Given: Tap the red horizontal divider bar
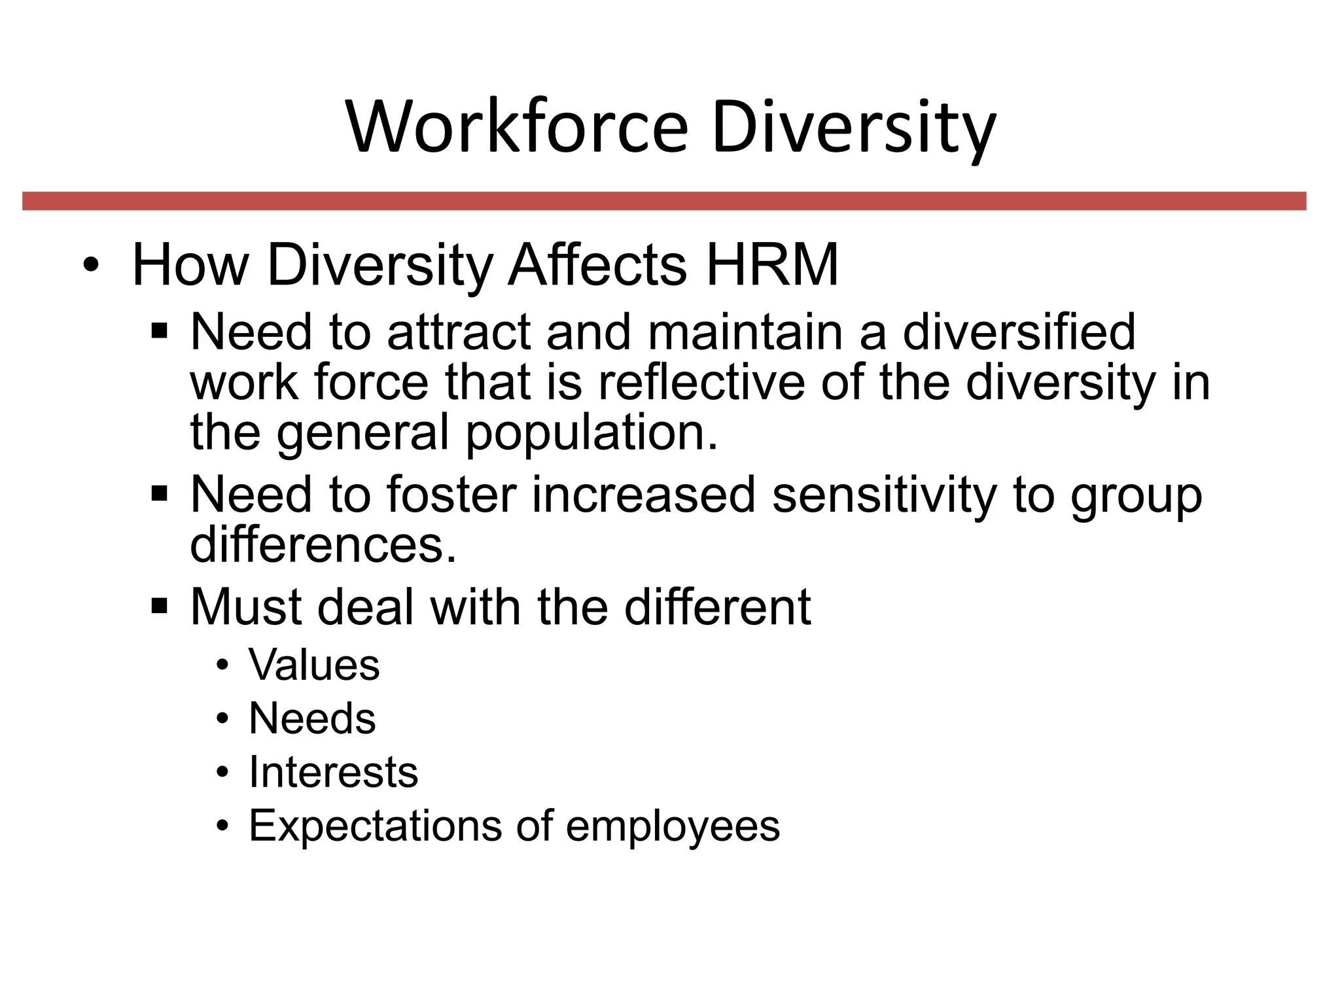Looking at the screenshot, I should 664,201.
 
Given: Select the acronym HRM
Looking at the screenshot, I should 772,265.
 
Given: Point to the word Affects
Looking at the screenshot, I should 597,265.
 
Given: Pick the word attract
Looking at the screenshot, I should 459,332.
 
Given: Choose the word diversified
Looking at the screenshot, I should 1019,332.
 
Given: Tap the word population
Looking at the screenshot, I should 591,433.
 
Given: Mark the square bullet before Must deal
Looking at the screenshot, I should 159,607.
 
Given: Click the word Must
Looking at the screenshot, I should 245,607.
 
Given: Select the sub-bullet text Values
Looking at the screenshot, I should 314,665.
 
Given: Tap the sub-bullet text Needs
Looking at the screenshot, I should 312,718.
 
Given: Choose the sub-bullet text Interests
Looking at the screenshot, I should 333,772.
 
